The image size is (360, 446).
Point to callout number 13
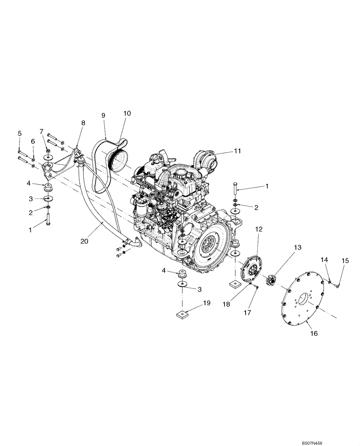pos(297,247)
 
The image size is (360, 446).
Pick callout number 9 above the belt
pos(103,115)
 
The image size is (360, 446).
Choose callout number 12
pos(259,229)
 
